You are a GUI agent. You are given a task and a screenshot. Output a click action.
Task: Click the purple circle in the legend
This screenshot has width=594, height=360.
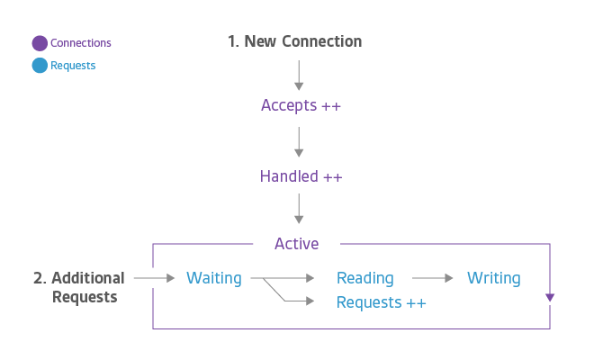click(x=40, y=43)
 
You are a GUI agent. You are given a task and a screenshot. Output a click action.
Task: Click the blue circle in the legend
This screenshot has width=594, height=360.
click(x=40, y=66)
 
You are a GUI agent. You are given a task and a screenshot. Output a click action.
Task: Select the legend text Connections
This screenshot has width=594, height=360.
click(x=81, y=43)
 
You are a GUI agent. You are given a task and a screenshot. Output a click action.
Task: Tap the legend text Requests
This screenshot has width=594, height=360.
click(x=73, y=66)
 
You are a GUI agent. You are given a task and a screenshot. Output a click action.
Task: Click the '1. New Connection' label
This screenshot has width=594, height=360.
click(x=295, y=41)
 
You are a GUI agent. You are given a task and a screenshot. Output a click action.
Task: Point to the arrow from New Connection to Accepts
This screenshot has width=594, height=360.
click(x=299, y=74)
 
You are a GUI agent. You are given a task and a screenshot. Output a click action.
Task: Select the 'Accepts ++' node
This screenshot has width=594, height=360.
click(x=301, y=106)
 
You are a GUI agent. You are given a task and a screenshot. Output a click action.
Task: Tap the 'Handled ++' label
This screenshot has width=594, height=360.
click(x=301, y=176)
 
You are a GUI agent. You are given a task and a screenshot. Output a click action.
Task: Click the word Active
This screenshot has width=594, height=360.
click(x=297, y=243)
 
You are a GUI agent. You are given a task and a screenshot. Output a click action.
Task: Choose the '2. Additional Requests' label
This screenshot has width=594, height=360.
click(x=79, y=287)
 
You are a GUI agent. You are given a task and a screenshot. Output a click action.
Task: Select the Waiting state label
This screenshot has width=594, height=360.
click(x=213, y=278)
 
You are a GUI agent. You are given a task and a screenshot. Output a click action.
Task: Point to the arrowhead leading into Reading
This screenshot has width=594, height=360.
click(x=311, y=278)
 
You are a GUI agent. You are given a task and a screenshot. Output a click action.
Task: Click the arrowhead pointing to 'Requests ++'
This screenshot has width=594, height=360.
click(x=311, y=301)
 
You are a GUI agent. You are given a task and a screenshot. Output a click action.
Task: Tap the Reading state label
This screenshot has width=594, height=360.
click(x=364, y=278)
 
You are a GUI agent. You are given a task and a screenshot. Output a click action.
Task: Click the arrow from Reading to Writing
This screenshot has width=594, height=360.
click(x=432, y=278)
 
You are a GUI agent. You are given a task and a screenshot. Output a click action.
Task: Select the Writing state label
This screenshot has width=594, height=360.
click(x=493, y=278)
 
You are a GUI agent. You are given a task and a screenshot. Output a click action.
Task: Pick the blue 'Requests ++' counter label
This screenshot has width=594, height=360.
click(x=381, y=302)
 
